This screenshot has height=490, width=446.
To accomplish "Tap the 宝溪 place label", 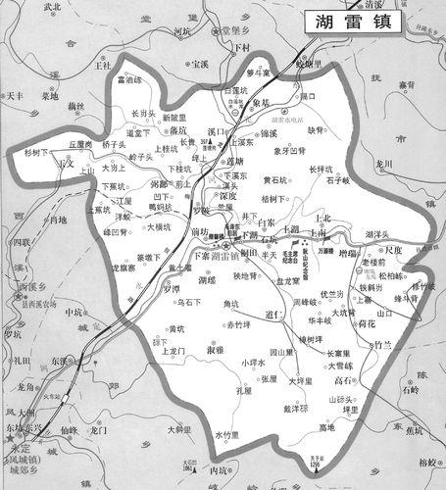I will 200,64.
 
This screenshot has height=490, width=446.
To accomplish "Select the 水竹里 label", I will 227,434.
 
